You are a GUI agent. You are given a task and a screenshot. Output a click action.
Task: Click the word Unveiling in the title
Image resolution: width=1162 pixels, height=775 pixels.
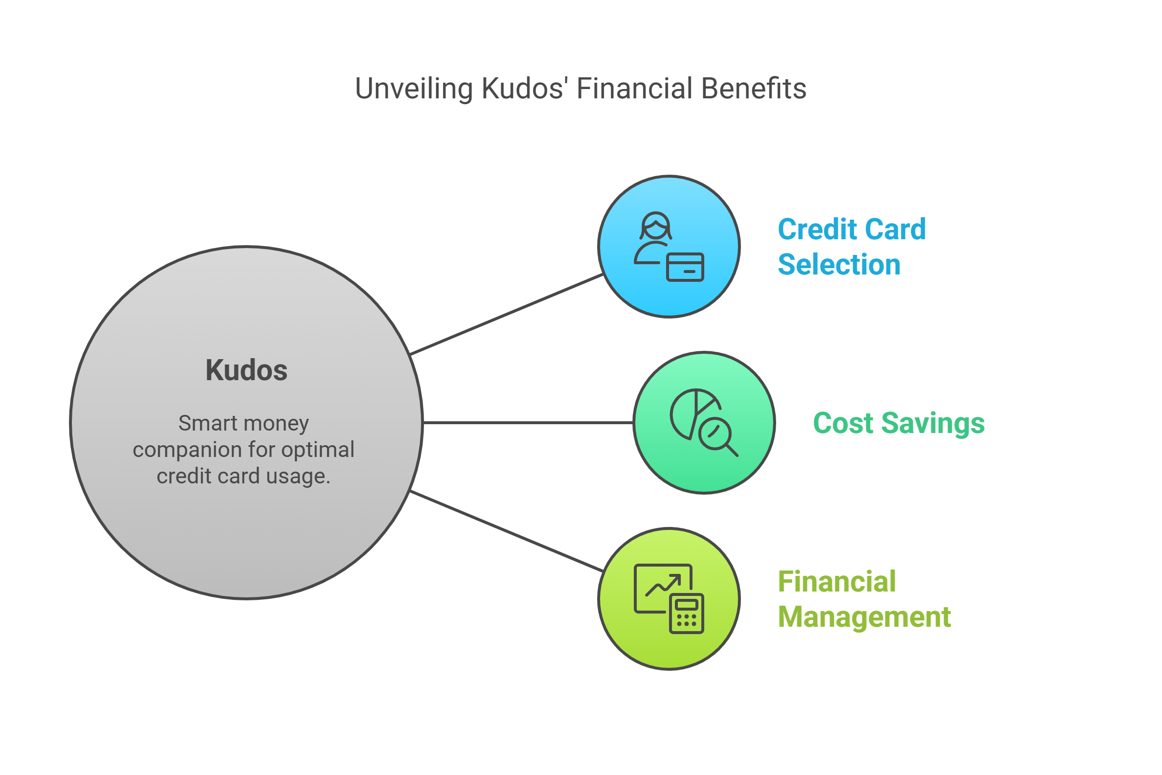[414, 89]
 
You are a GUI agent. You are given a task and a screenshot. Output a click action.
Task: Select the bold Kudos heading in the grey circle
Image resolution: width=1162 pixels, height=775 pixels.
[246, 371]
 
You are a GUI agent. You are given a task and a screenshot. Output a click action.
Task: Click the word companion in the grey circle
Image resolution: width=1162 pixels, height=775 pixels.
[188, 450]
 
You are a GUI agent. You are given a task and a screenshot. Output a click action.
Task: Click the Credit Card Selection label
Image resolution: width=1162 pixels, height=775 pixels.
[851, 247]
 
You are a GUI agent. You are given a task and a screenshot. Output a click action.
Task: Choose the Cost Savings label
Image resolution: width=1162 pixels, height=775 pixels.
[899, 424]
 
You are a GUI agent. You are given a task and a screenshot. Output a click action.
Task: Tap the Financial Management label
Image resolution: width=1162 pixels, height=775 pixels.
[864, 599]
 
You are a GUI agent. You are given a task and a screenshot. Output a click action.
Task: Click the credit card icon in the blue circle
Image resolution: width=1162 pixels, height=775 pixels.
[685, 268]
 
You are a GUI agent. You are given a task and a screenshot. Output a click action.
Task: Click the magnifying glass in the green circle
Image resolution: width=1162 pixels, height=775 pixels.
[717, 436]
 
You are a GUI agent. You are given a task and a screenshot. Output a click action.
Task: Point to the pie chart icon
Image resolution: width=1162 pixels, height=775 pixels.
[689, 411]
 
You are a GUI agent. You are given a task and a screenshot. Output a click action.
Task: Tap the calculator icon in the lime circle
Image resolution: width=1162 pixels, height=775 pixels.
[686, 614]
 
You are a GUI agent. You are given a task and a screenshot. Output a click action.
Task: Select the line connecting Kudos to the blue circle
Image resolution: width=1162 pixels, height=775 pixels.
[506, 314]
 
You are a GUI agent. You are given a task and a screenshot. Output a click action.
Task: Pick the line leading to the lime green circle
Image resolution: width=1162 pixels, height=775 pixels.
[506, 531]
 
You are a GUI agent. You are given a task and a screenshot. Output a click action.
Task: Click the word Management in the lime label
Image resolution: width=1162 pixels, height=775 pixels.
[864, 617]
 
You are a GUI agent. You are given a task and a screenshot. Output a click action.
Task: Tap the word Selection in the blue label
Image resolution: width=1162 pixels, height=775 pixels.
[839, 264]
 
